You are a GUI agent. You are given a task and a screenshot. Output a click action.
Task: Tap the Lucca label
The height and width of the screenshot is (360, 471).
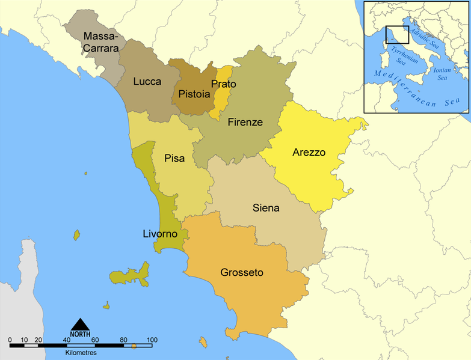coord(147,81)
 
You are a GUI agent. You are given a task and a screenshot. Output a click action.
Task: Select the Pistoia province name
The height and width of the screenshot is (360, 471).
coord(194,94)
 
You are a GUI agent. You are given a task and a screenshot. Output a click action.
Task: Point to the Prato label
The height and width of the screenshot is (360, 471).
coord(224,84)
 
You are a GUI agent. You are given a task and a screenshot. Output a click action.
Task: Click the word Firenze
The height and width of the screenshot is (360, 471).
coord(245,122)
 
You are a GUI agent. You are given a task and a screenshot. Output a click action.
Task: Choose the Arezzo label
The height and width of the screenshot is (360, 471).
coord(309,152)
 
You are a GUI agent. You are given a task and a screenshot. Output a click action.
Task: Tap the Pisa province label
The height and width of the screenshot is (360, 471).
coord(174,159)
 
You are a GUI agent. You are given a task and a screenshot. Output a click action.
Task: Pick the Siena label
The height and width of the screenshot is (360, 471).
coord(265,208)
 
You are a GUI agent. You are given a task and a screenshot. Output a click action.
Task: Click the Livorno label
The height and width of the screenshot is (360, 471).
coord(160,233)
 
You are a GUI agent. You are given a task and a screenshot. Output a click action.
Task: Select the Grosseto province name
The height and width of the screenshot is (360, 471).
coord(241,272)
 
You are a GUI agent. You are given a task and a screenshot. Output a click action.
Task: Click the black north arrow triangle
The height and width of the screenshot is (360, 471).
coord(80,325)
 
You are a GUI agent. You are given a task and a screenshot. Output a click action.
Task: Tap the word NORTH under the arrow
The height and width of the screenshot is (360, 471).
coord(80,334)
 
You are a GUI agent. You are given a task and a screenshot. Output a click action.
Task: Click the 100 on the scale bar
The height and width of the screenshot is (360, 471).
coord(151,340)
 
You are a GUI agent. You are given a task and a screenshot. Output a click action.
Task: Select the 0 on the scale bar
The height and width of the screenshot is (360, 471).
coord(10,340)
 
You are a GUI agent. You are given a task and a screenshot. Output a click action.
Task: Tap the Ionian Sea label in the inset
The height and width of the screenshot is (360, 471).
coord(441,73)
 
